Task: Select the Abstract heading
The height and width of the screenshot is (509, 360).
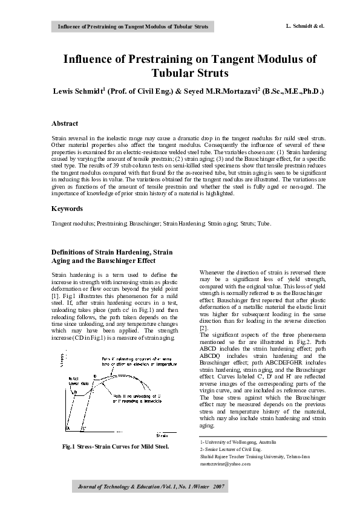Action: click(x=65, y=123)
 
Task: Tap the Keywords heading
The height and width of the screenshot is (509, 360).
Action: click(x=67, y=209)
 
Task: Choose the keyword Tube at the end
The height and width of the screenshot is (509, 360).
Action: click(x=264, y=224)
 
